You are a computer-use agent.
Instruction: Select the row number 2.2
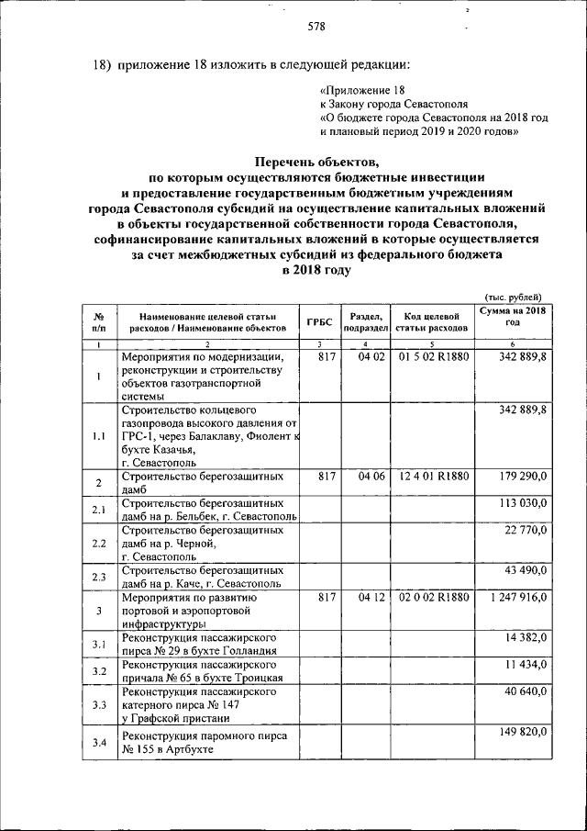(97, 544)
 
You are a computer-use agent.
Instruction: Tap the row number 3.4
(97, 742)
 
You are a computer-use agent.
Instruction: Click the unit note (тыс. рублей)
(512, 295)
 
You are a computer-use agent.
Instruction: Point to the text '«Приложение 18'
(361, 90)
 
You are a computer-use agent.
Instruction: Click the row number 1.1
(97, 436)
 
